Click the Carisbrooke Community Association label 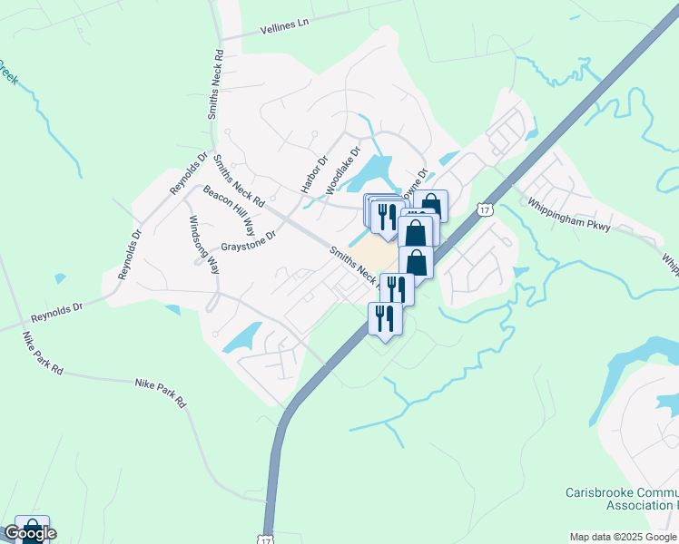[x=616, y=499]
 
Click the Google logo [x=29, y=533]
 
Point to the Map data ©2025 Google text [x=624, y=537]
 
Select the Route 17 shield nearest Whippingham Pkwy [x=486, y=209]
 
